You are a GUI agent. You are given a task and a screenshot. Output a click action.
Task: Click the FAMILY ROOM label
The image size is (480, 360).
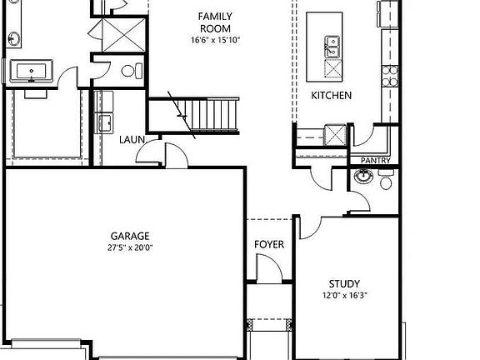pos(214,22)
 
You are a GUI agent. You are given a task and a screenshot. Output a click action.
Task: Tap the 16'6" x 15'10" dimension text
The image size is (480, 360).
pos(214,39)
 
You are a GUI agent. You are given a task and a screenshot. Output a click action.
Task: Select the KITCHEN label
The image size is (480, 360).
pos(331,96)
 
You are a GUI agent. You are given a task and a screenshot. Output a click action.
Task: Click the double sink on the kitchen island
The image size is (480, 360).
pos(332,46)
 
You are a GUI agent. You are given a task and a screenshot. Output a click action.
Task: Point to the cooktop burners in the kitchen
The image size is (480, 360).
pos(389,72)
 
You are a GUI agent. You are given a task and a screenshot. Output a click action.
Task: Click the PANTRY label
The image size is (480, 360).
pos(375,160)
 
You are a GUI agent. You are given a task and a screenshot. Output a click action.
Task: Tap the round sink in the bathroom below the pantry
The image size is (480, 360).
pos(363,177)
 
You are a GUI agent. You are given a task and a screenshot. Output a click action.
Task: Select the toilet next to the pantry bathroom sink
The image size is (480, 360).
pos(386,179)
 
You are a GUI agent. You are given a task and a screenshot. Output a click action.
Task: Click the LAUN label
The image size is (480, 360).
pos(132,140)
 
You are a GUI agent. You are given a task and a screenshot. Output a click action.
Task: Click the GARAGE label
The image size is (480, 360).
pos(130,236)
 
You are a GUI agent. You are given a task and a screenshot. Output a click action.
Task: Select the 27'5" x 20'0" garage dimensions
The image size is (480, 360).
pos(130,248)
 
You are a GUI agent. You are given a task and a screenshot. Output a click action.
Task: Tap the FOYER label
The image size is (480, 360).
pos(268,245)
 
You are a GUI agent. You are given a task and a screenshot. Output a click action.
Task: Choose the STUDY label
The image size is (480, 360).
pos(343,283)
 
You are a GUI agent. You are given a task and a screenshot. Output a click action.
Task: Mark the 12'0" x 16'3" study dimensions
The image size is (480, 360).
pos(343,296)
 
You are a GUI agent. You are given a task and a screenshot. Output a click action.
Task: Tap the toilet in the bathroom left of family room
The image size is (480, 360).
pos(130,72)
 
